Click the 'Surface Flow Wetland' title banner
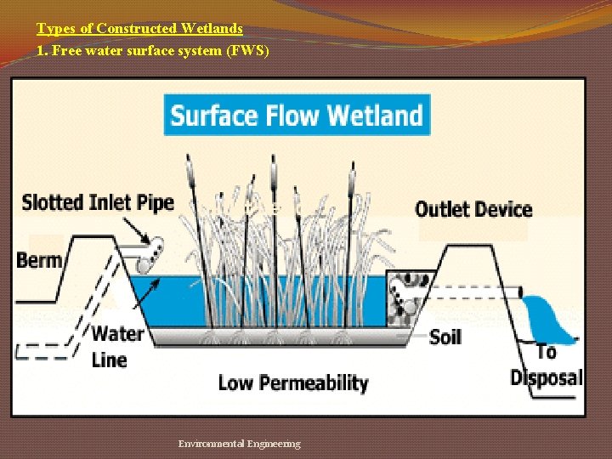pos(297,115)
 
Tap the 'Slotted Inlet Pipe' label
pos(98,202)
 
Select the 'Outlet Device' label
pos(473,209)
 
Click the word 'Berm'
pos(39,260)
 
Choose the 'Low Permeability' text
pos(293,382)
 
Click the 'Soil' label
pos(445,337)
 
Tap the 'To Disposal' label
pos(547,365)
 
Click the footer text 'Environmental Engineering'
pos(239,444)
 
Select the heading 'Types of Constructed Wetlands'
pos(139,28)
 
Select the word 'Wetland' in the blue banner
pos(375,115)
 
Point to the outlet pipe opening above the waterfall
pos(520,292)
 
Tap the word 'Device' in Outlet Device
pos(501,209)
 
